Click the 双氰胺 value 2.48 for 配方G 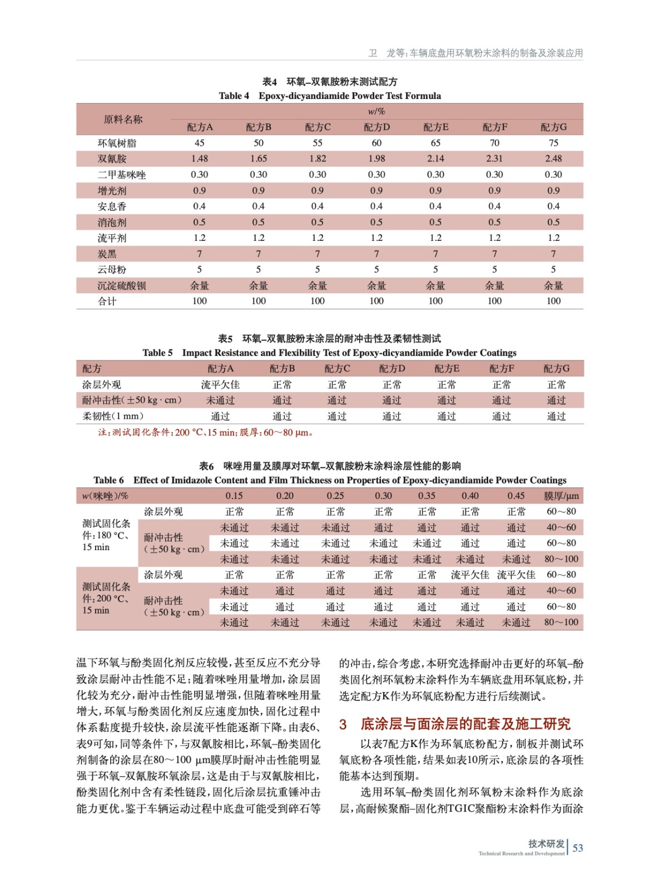(x=553, y=159)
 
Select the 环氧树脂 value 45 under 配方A (x=200, y=143)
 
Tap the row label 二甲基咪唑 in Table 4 (x=122, y=175)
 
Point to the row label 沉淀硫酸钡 (x=122, y=285)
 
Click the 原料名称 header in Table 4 (x=123, y=119)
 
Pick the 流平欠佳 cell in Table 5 (x=220, y=384)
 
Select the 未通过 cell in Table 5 (x=220, y=400)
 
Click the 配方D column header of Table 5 (x=392, y=368)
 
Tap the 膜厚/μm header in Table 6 (x=561, y=496)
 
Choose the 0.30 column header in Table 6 (x=383, y=496)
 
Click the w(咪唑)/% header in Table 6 (x=105, y=496)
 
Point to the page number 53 (x=578, y=848)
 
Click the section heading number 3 (x=343, y=724)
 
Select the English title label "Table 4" (x=234, y=96)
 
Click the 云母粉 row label (x=112, y=270)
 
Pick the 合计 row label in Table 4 (x=107, y=301)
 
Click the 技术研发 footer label (x=546, y=843)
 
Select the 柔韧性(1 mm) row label (x=113, y=416)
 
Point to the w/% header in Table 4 (x=376, y=111)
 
